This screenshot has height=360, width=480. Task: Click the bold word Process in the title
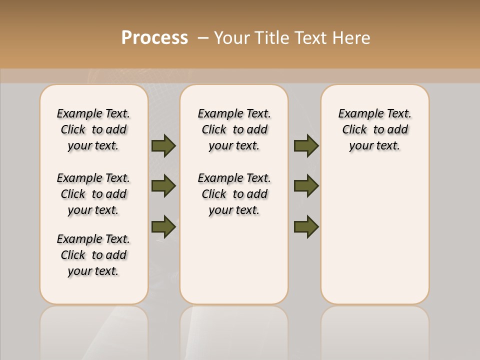(154, 38)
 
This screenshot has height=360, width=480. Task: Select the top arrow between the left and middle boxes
(163, 146)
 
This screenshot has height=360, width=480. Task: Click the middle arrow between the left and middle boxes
(163, 186)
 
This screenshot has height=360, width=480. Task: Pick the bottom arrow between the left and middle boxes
(163, 226)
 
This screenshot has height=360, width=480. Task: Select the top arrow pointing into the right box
(306, 146)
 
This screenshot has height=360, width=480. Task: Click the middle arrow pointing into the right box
(306, 186)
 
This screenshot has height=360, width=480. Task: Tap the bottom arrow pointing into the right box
(306, 226)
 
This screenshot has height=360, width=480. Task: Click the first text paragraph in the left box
(93, 129)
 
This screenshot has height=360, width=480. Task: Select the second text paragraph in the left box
(93, 194)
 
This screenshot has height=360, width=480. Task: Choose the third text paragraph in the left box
(93, 255)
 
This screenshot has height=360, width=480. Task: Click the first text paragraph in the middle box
(234, 129)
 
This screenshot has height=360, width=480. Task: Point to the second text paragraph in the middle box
(234, 194)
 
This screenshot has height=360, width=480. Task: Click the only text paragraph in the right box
(374, 129)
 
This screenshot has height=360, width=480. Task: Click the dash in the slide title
(202, 38)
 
